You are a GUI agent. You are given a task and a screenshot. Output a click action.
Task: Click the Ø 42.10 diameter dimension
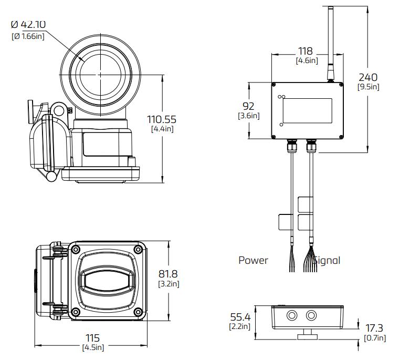(29, 24)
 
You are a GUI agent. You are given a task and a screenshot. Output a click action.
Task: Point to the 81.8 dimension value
(169, 274)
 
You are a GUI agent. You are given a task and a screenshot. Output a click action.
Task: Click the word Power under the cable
(253, 260)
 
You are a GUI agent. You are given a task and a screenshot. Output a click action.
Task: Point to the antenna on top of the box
(330, 42)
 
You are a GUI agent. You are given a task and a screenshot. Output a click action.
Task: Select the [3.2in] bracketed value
(169, 284)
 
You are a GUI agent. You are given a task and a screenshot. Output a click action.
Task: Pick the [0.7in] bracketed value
(375, 338)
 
